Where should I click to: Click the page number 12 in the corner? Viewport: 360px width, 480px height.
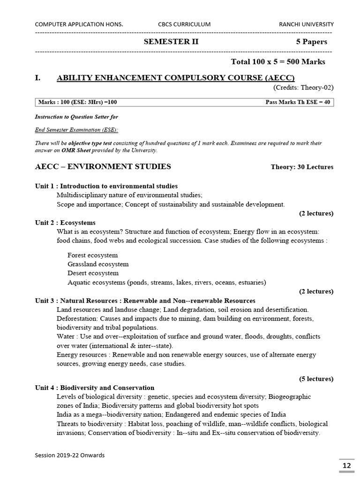pyautogui.click(x=346, y=465)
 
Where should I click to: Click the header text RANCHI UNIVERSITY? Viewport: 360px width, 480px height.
pyautogui.click(x=306, y=24)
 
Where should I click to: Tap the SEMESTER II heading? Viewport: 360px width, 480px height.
pyautogui.click(x=171, y=42)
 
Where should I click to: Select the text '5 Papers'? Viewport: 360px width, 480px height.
pyautogui.click(x=311, y=42)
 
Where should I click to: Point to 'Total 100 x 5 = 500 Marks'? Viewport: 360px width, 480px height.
pyautogui.click(x=278, y=62)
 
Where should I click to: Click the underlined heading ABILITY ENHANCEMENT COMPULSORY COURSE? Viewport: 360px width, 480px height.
pyautogui.click(x=176, y=78)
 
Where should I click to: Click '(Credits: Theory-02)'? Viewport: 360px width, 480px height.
pyautogui.click(x=303, y=88)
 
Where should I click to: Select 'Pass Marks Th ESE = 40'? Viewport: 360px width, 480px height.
pyautogui.click(x=298, y=102)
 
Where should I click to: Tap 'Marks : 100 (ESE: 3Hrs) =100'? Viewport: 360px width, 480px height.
pyautogui.click(x=78, y=102)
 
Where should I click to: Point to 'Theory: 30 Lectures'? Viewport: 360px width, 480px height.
pyautogui.click(x=302, y=167)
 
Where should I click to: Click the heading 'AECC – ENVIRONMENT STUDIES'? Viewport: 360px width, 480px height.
pyautogui.click(x=103, y=166)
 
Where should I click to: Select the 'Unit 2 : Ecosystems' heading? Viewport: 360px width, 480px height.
pyautogui.click(x=65, y=223)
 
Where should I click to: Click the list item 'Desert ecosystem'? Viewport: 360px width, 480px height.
pyautogui.click(x=93, y=273)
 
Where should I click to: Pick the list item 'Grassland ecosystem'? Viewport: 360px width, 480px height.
pyautogui.click(x=98, y=264)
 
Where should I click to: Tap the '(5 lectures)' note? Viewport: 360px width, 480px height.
pyautogui.click(x=316, y=379)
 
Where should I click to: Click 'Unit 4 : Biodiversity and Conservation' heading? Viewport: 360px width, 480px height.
pyautogui.click(x=95, y=388)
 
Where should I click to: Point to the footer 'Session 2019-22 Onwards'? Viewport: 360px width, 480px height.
pyautogui.click(x=70, y=455)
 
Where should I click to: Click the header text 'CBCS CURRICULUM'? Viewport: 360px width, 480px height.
pyautogui.click(x=185, y=24)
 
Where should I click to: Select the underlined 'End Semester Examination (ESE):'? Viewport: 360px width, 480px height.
pyautogui.click(x=77, y=130)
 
